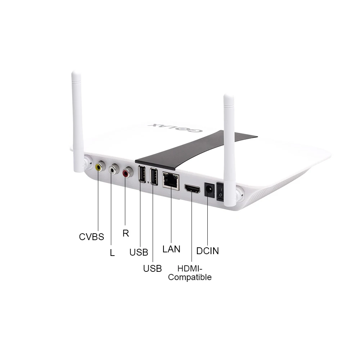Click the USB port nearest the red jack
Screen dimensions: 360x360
pos(142,174)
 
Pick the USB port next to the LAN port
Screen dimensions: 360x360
pos(154,176)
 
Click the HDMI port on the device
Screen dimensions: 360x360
pos(192,189)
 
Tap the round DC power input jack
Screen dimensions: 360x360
pos(209,190)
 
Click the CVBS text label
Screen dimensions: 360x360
pos(91,237)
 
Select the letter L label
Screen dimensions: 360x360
pos(112,253)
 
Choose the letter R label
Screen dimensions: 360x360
pos(126,233)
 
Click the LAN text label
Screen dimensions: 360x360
pos(171,249)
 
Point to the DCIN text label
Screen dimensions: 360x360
pos(208,251)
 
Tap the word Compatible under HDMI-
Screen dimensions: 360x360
pos(190,277)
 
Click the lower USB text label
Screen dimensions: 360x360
pos(152,269)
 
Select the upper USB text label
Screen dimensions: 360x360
pos(139,252)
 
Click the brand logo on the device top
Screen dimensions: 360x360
pos(175,128)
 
